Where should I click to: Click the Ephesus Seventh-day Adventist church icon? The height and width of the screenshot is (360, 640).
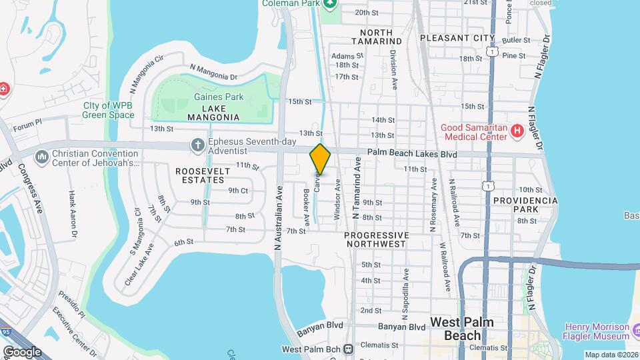coord(197,144)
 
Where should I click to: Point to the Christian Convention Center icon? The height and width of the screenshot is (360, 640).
coord(42,155)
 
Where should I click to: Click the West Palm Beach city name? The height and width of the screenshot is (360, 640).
coord(462,329)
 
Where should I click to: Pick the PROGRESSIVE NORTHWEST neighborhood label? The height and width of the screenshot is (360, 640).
coord(376,239)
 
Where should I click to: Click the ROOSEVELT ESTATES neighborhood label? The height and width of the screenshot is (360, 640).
coord(203,175)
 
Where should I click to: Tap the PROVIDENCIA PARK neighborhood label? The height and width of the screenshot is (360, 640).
coord(525,205)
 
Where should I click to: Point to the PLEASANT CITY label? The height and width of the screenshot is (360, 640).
coord(458,38)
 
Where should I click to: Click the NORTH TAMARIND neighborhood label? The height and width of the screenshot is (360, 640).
coord(381,37)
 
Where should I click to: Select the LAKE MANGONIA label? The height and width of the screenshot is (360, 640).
coord(204,113)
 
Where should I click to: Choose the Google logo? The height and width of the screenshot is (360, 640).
coord(22,351)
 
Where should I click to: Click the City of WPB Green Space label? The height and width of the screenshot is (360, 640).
coord(109,110)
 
